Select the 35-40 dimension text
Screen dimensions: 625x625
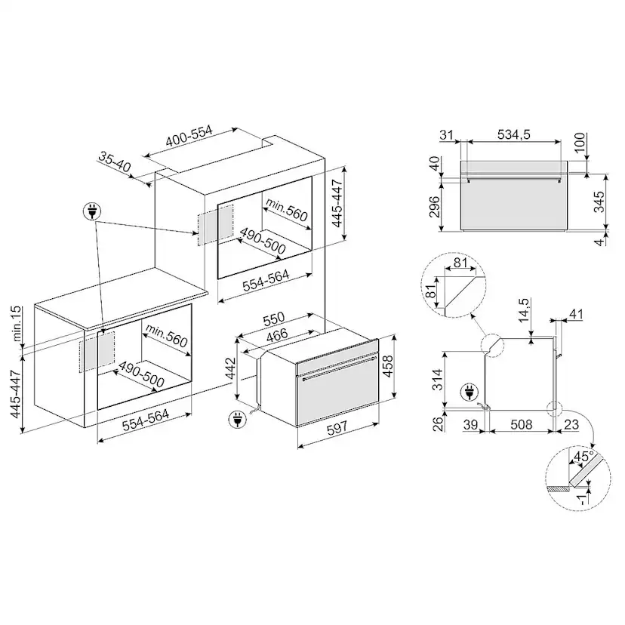pyautogui.click(x=115, y=162)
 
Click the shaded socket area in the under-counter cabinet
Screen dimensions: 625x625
pyautogui.click(x=97, y=351)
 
